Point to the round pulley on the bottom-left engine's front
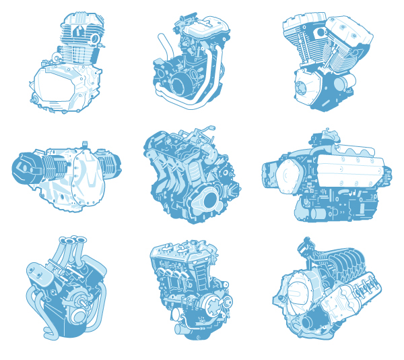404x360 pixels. tap(79, 311)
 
